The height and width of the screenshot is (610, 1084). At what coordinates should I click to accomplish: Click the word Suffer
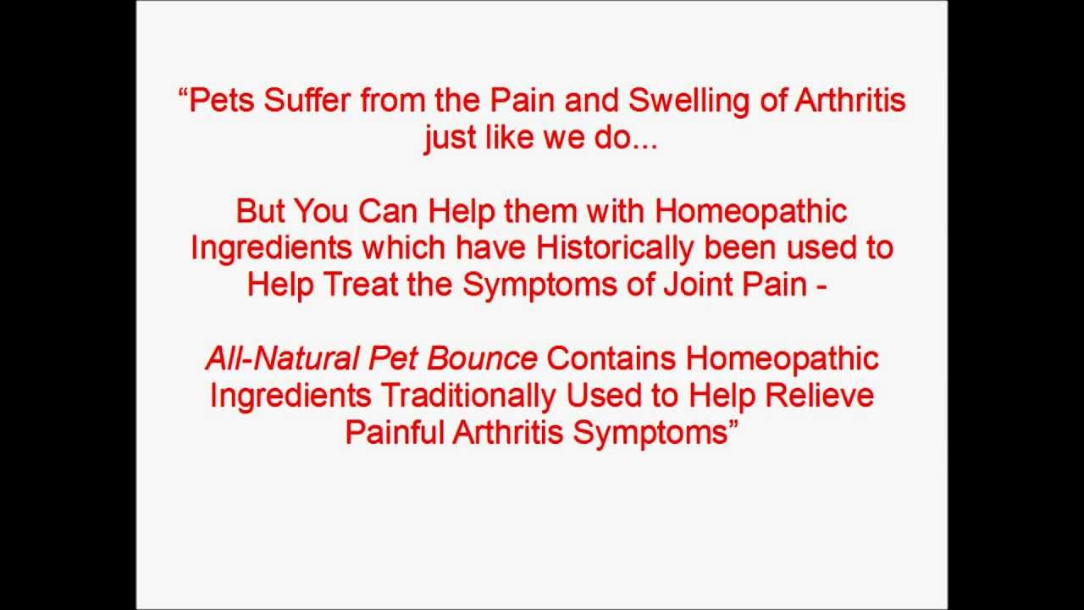click(x=311, y=101)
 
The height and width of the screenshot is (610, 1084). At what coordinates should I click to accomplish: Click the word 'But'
click(x=259, y=211)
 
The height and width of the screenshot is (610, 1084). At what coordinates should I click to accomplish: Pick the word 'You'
click(x=321, y=211)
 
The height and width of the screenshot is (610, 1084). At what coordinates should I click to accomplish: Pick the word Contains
click(x=611, y=358)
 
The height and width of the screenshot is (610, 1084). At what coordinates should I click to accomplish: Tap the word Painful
click(x=395, y=432)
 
